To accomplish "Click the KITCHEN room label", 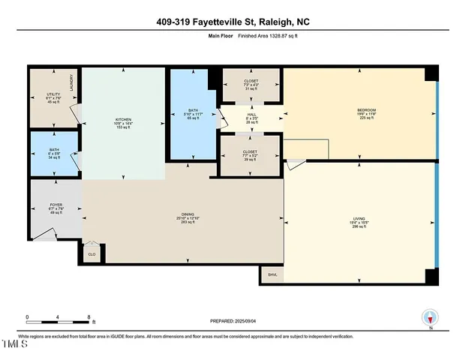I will click(x=123, y=118).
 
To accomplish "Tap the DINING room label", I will click(x=183, y=214).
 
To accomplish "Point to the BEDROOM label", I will click(x=366, y=111).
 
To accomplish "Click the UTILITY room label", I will click(x=53, y=94).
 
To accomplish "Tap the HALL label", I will click(x=251, y=115).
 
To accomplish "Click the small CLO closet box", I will click(x=92, y=253).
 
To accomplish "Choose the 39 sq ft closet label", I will click(x=251, y=155).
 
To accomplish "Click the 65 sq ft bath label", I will click(x=193, y=115).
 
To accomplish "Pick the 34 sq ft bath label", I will click(x=54, y=154).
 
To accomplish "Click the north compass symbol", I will click(x=430, y=319).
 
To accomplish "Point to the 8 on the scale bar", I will click(x=90, y=316).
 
